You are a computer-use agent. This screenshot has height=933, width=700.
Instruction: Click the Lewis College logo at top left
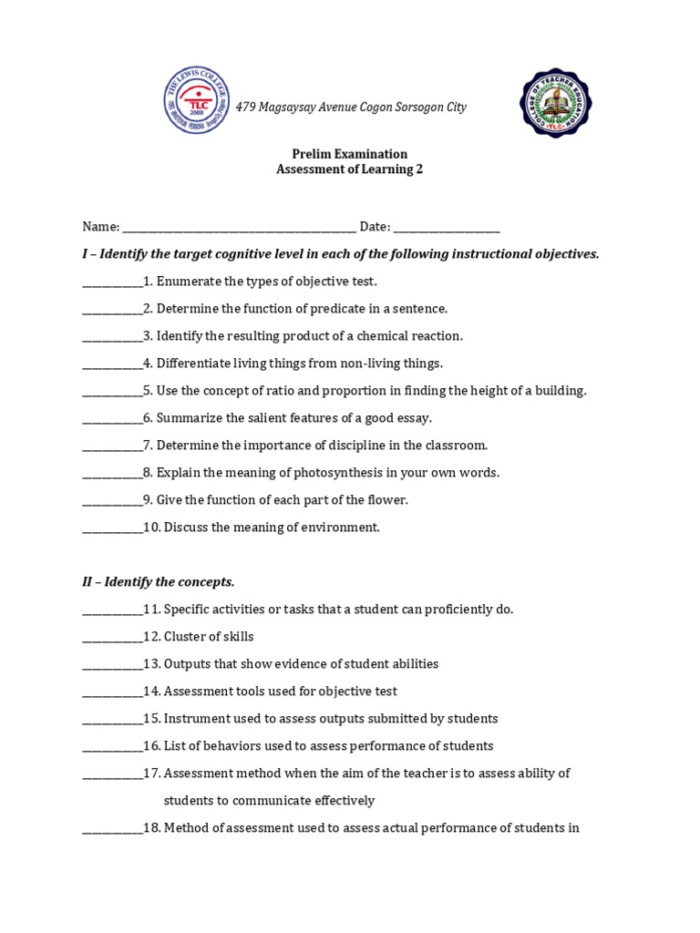tap(196, 100)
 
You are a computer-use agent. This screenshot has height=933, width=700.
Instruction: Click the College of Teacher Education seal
tap(555, 103)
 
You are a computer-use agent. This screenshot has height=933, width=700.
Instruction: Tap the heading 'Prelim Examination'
tap(349, 154)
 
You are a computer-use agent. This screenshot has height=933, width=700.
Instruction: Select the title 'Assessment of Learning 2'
tap(349, 169)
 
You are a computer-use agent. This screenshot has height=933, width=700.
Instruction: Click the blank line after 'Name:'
tap(239, 228)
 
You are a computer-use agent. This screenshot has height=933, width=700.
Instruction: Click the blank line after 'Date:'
tap(447, 228)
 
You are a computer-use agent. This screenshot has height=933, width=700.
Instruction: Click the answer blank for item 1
tap(112, 282)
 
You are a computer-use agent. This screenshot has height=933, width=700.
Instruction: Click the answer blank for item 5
tap(112, 392)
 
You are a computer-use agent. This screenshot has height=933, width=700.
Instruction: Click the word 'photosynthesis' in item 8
tap(352, 473)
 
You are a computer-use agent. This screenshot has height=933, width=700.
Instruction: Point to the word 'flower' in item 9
tap(386, 500)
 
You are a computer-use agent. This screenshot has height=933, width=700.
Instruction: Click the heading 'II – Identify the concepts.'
tap(159, 581)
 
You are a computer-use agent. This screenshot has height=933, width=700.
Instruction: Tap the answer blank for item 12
tap(112, 638)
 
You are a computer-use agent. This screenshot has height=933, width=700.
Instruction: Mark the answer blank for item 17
tap(112, 774)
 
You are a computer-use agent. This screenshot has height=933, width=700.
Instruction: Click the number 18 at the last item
tap(150, 828)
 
